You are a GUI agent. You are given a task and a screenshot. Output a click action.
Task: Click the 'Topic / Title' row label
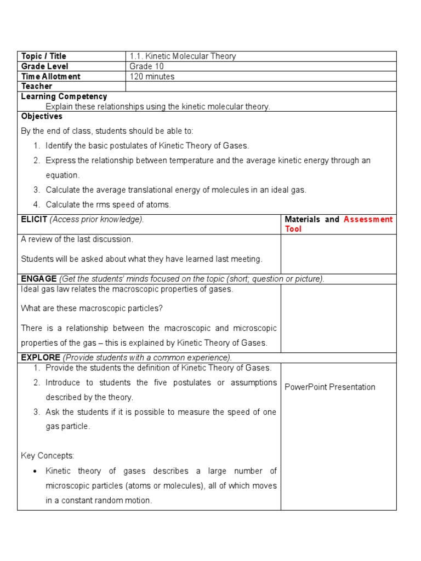click(43, 56)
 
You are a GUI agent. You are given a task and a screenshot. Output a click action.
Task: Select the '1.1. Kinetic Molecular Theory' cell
click(183, 56)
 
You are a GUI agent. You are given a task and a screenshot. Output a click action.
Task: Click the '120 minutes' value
click(152, 77)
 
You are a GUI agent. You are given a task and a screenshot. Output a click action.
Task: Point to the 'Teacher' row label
click(37, 87)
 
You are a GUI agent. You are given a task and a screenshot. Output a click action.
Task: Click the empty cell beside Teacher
click(261, 87)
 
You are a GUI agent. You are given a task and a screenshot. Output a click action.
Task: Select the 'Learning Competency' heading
click(64, 96)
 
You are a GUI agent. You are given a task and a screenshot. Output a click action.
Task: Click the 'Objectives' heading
click(42, 116)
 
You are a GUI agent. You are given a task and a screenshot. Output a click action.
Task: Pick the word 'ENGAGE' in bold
click(38, 279)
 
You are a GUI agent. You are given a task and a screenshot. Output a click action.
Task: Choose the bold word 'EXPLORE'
click(41, 358)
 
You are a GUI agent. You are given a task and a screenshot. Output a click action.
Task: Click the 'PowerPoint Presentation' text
click(330, 387)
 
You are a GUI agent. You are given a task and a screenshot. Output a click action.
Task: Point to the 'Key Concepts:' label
click(47, 456)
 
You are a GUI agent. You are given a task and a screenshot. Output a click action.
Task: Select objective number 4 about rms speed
click(108, 205)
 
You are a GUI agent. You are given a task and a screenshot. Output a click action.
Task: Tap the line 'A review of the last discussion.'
click(77, 239)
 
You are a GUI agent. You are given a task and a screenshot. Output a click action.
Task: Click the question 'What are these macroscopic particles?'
click(92, 308)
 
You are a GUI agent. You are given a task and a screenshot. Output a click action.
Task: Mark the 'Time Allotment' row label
click(50, 77)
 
